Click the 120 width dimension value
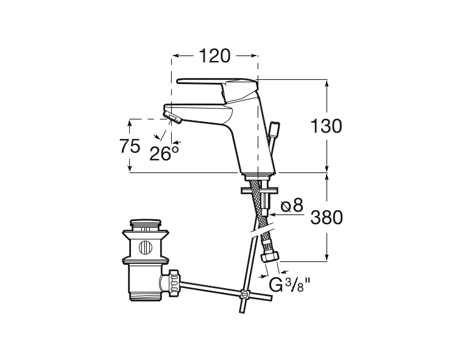tap(214, 56)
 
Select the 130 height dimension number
tap(326, 126)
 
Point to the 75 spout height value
tap(129, 146)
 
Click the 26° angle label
tap(164, 152)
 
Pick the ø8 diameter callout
tap(292, 205)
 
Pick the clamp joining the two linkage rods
tap(245, 294)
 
